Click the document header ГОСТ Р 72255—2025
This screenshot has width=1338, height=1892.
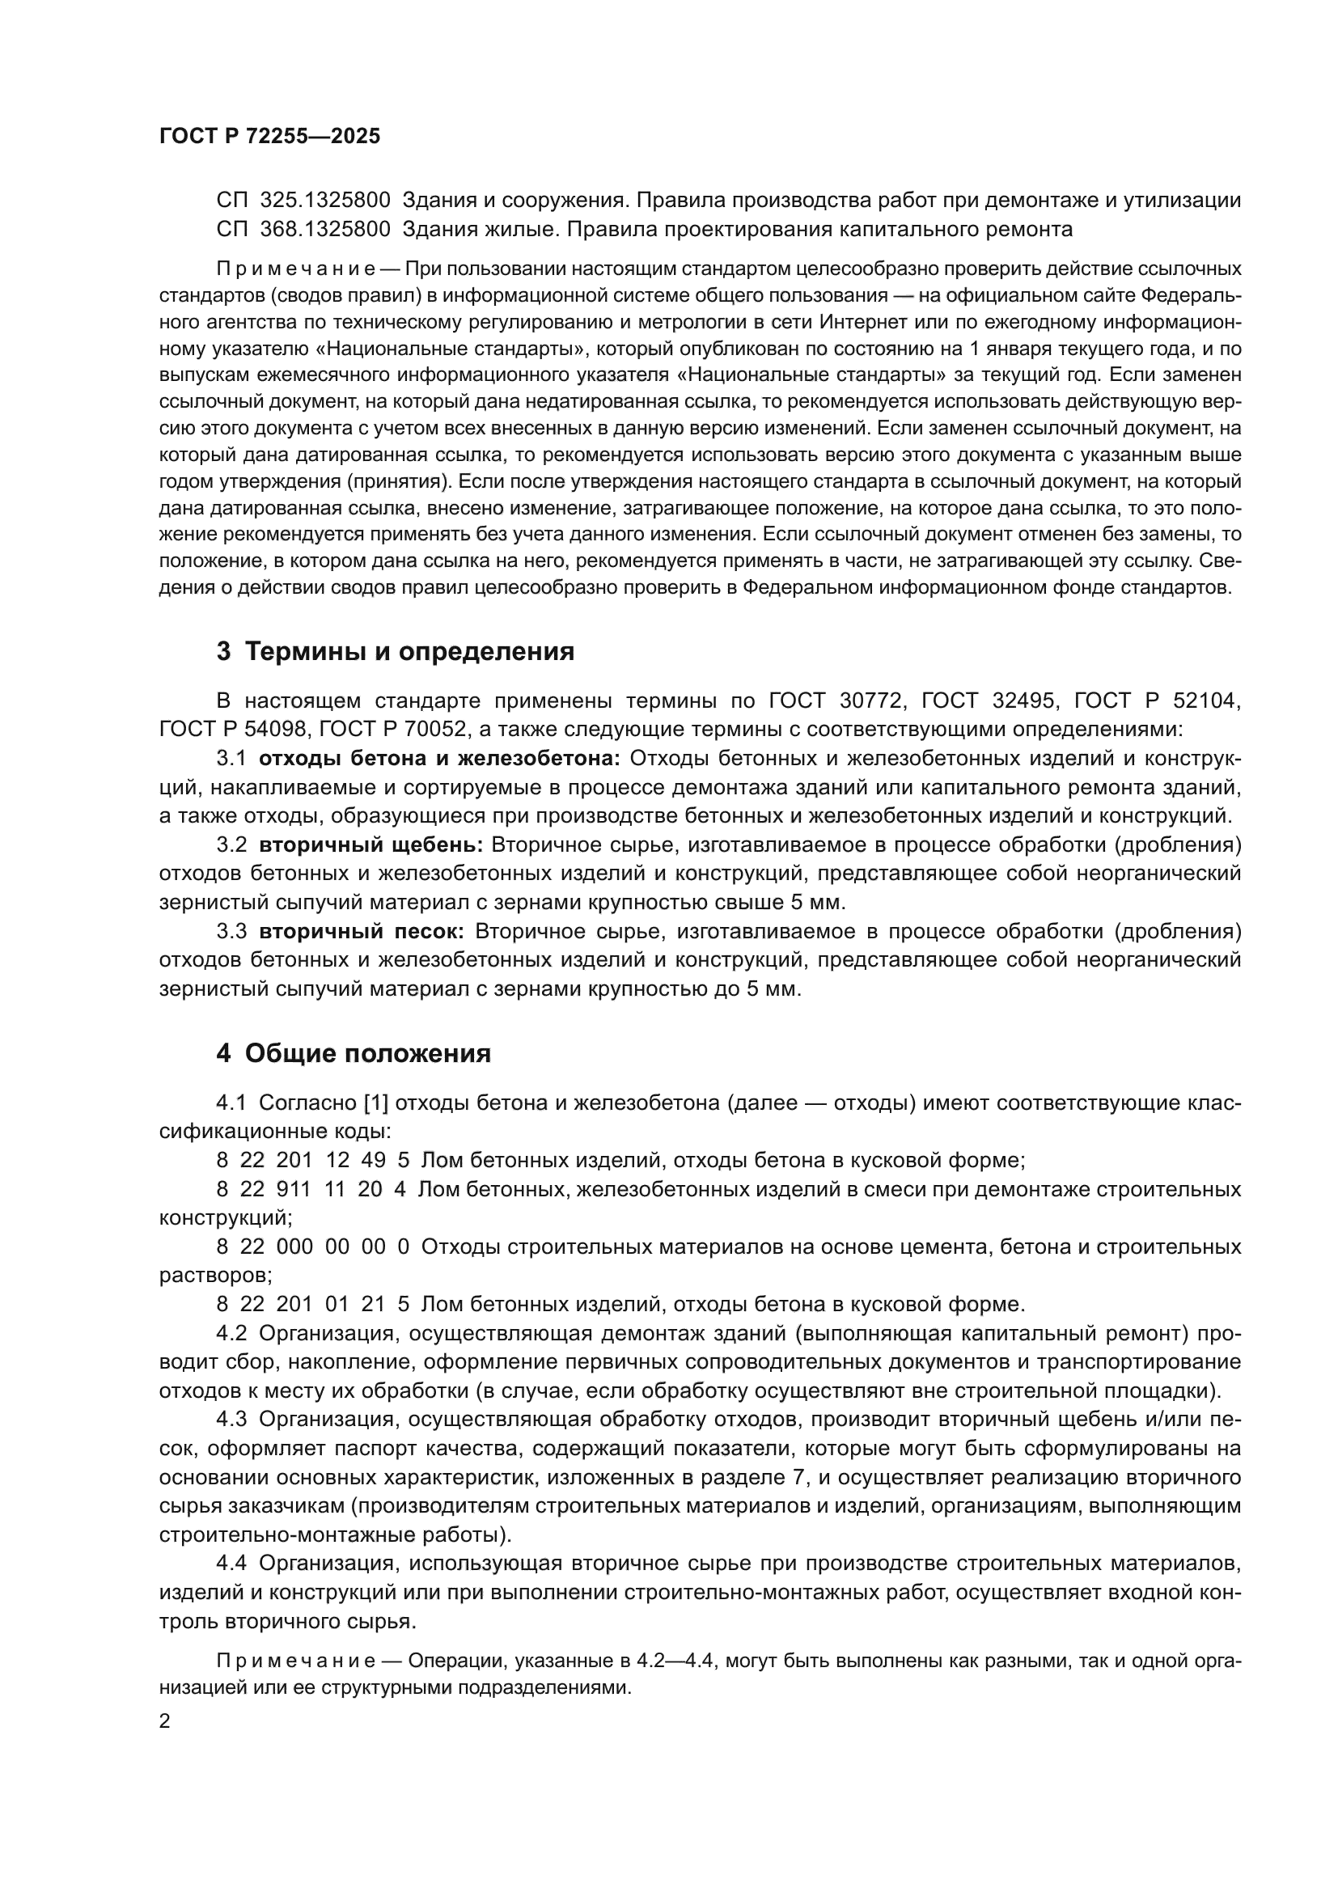[269, 137]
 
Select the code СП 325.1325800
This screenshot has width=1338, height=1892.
[303, 201]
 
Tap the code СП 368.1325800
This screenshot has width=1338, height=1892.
[303, 229]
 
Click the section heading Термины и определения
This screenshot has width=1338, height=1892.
[395, 651]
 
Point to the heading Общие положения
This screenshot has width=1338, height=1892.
[354, 1053]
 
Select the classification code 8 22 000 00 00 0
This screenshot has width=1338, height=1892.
[312, 1247]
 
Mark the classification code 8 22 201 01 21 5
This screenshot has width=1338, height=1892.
[312, 1305]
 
